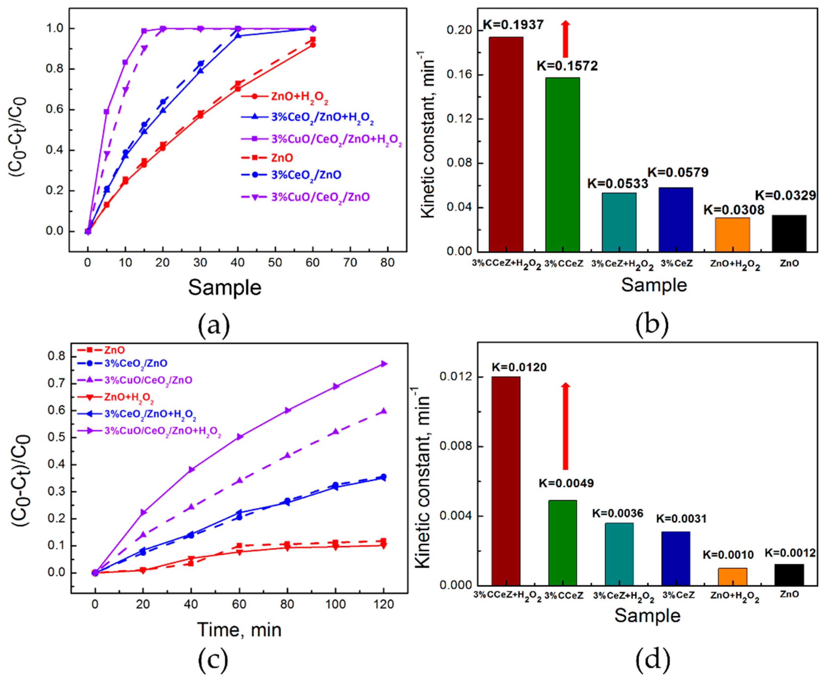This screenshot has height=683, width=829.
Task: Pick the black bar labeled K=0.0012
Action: point(789,575)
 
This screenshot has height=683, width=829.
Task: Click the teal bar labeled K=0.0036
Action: point(619,554)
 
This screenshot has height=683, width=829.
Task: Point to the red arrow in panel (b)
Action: point(565,39)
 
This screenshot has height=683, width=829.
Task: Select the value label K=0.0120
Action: point(519,367)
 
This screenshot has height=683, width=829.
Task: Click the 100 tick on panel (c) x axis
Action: point(335,604)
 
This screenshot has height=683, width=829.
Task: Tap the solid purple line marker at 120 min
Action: point(383,364)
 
